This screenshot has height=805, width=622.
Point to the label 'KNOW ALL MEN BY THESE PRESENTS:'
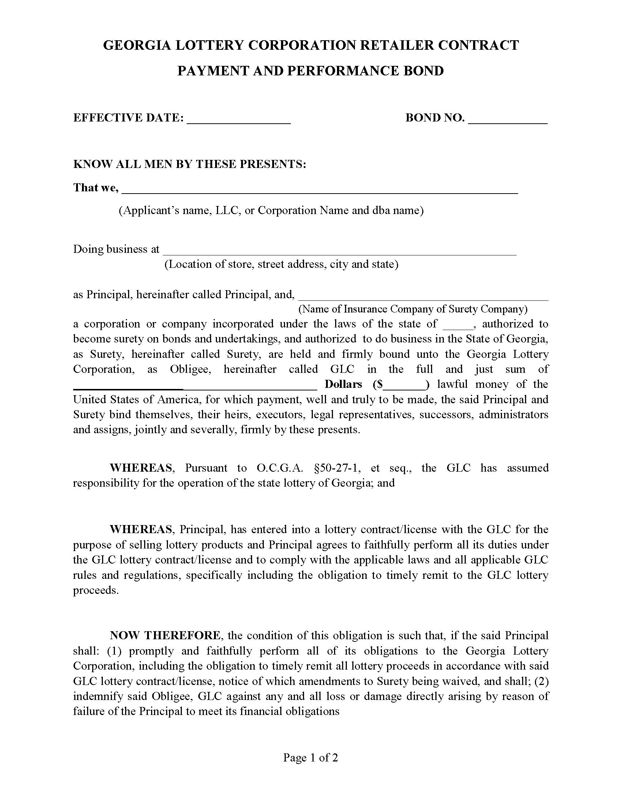pyautogui.click(x=190, y=164)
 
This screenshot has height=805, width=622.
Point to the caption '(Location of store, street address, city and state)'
pyautogui.click(x=281, y=265)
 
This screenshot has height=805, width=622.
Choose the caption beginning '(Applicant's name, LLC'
pyautogui.click(x=271, y=210)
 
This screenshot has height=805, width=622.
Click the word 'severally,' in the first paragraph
pyautogui.click(x=218, y=430)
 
